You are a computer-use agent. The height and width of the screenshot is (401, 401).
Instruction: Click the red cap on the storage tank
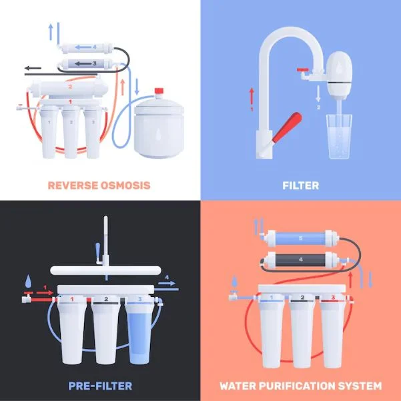pyautogui.click(x=159, y=91)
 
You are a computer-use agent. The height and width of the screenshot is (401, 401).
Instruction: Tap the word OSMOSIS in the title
pyautogui.click(x=123, y=185)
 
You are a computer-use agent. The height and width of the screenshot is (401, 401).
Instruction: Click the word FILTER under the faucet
pyautogui.click(x=301, y=185)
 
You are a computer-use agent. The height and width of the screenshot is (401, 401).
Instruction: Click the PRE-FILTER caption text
pyautogui.click(x=99, y=385)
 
